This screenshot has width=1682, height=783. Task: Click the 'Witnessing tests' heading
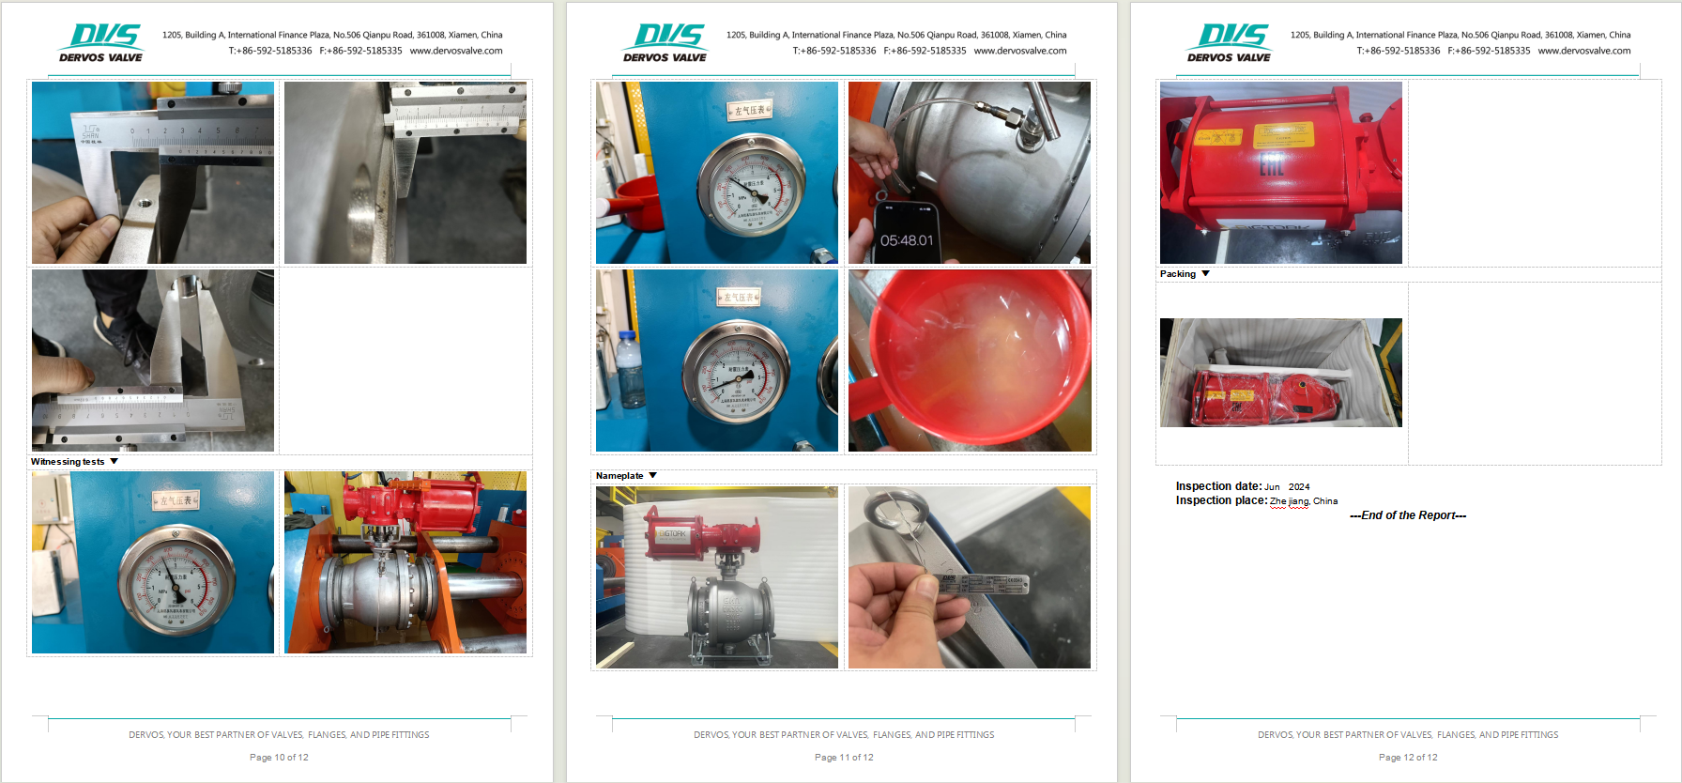click(68, 462)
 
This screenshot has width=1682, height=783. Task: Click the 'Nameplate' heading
click(619, 476)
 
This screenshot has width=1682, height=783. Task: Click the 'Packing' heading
click(1178, 274)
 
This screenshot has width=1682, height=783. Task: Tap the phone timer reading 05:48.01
click(907, 240)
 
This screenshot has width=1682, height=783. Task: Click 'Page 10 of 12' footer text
click(279, 758)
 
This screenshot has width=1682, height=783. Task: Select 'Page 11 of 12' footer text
click(844, 758)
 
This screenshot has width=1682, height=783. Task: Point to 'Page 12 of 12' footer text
click(1408, 758)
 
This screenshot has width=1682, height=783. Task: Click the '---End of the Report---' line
click(1408, 515)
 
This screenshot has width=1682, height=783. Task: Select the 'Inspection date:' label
click(1218, 486)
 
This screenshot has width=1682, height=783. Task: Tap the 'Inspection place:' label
click(1221, 500)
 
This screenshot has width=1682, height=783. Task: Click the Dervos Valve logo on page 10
click(101, 43)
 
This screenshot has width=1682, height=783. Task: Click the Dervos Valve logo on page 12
click(1229, 43)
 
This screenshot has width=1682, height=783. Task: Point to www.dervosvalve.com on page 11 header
click(1020, 51)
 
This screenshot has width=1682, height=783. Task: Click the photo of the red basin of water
click(970, 361)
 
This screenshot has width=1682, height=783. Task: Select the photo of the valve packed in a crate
click(1280, 373)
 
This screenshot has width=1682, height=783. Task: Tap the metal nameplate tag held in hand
click(981, 584)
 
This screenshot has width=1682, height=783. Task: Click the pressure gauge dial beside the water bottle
click(736, 374)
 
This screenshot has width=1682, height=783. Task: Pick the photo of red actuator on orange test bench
click(405, 562)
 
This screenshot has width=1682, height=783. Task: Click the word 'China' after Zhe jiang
click(1325, 501)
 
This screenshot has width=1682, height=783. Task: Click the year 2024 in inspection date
click(1299, 487)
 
